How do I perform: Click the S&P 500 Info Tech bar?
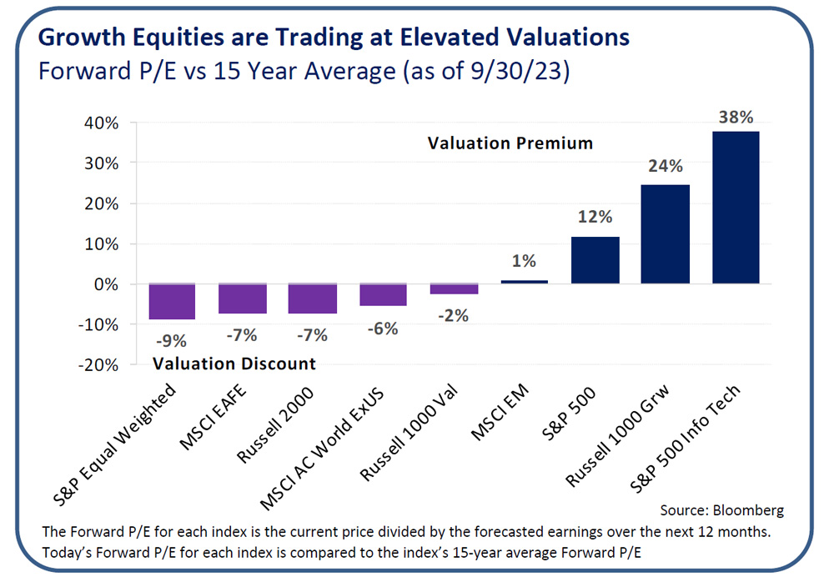[x=736, y=208]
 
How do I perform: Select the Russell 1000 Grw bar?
[x=665, y=234]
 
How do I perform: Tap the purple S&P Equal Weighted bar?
[x=172, y=302]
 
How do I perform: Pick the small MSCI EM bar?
[x=524, y=282]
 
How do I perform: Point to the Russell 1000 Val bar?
[x=454, y=288]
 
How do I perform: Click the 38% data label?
[x=736, y=117]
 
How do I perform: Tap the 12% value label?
[x=595, y=217]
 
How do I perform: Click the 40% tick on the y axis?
[x=99, y=123]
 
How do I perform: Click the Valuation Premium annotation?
[x=510, y=143]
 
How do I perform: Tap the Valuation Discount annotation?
[x=234, y=364]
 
